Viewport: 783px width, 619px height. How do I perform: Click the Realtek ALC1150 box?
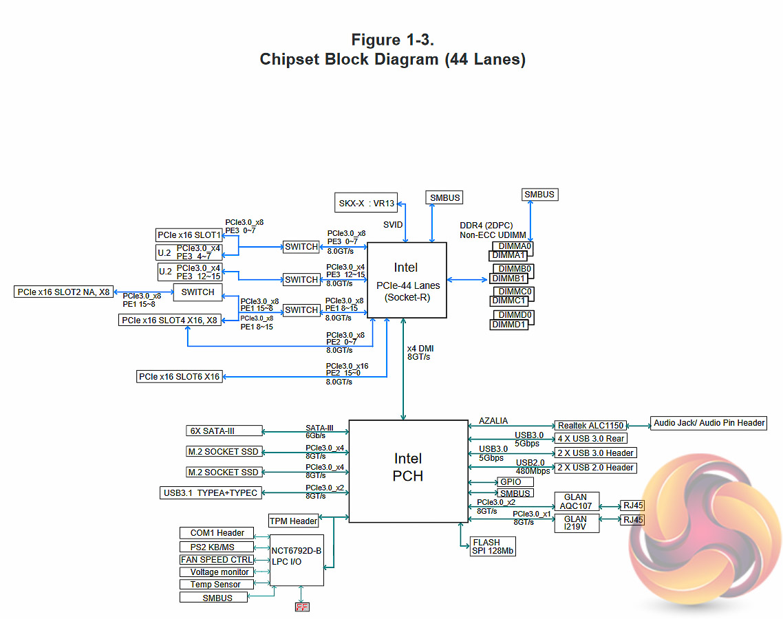tap(590, 426)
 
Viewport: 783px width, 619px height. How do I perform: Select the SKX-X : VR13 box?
tap(367, 204)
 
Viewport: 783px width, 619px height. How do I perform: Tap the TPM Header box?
tap(294, 521)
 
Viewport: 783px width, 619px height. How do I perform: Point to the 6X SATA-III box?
tap(224, 431)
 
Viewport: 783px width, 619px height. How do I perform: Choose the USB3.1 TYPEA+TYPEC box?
tap(210, 492)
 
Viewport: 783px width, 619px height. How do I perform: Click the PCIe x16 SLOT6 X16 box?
tap(179, 377)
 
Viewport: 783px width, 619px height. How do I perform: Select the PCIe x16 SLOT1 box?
tap(189, 235)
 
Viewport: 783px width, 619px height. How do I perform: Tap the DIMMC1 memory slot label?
tap(509, 301)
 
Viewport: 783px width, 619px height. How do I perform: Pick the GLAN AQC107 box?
tap(577, 502)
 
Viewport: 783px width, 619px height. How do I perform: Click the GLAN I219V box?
tap(577, 523)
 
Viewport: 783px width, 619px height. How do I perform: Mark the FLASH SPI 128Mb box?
tap(493, 547)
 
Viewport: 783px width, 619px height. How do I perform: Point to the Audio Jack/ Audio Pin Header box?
tap(709, 423)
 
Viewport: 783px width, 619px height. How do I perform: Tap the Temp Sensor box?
tap(215, 585)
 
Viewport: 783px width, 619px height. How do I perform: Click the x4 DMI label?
tap(420, 349)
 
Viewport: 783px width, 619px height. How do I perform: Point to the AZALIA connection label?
tap(493, 420)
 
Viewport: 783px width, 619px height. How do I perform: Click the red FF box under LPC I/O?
tap(301, 607)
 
